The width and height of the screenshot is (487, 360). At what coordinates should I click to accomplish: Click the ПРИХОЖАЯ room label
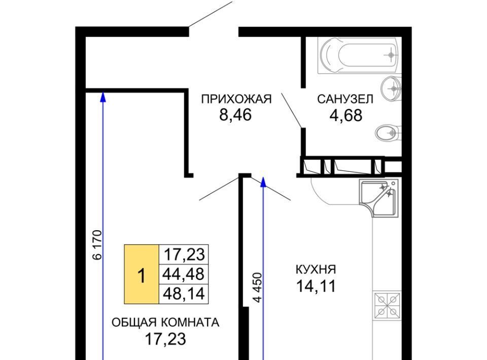click(236, 99)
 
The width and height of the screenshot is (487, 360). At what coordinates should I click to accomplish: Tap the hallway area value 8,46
click(235, 115)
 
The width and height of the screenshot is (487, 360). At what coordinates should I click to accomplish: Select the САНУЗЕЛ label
click(345, 99)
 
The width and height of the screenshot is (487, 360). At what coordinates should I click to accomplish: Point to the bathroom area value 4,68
click(345, 115)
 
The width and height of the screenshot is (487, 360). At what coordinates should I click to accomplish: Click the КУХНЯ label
click(316, 269)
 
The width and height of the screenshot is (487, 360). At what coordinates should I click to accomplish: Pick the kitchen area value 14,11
click(316, 286)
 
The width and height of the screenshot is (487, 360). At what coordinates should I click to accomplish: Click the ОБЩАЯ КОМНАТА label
click(165, 322)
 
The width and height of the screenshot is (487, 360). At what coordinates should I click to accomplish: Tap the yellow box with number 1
click(142, 274)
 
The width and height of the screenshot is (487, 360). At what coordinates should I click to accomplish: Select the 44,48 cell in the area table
click(184, 274)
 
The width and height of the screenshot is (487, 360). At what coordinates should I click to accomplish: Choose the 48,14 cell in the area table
click(184, 294)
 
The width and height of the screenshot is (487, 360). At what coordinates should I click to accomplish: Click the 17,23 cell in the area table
click(184, 255)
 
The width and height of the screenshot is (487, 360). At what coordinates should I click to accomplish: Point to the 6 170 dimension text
click(97, 245)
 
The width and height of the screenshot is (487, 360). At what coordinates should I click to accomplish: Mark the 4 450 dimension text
click(258, 287)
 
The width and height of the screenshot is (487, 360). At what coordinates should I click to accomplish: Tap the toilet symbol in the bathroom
click(388, 133)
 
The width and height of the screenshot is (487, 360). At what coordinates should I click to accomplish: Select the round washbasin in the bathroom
click(392, 89)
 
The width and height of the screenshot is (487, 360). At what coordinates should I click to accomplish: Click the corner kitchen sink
click(378, 198)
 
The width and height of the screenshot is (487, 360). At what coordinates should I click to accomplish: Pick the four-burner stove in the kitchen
click(387, 306)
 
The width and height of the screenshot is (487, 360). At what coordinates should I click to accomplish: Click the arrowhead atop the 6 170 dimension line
click(103, 97)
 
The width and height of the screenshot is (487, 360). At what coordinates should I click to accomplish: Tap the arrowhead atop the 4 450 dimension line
click(263, 183)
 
